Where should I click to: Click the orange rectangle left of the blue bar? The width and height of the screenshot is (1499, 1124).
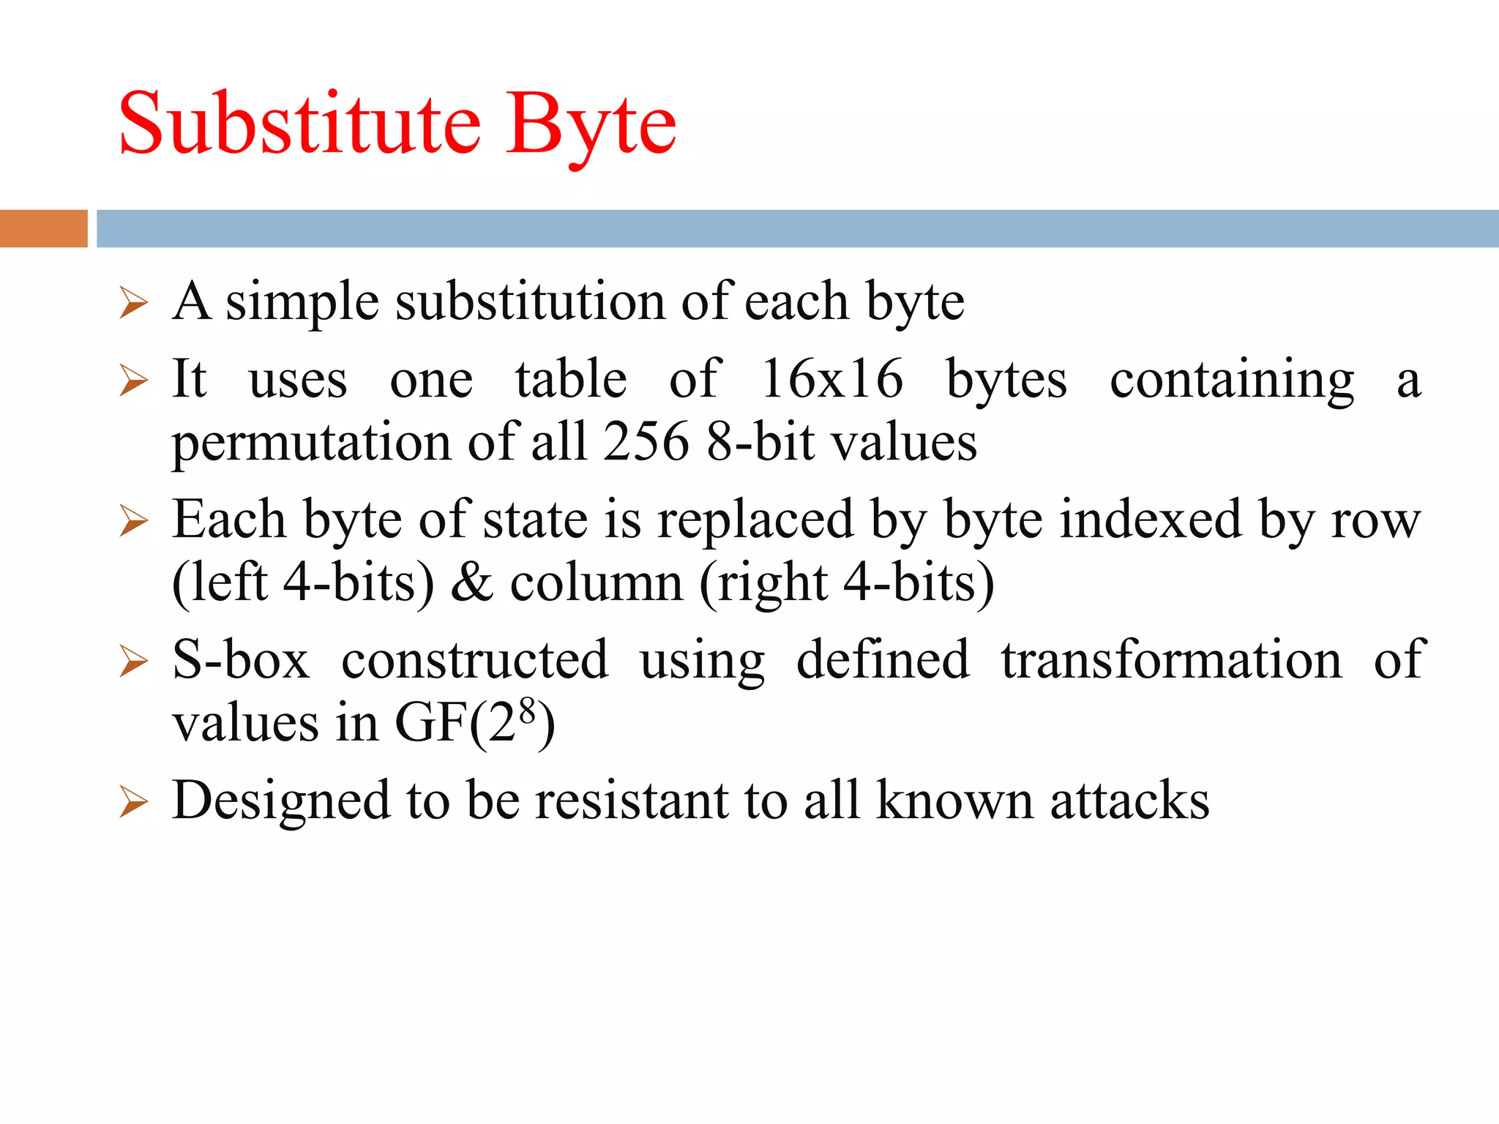pyautogui.click(x=43, y=228)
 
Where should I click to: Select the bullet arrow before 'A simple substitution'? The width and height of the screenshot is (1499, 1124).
pyautogui.click(x=133, y=303)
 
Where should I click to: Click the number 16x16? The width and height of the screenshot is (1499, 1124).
pyautogui.click(x=832, y=379)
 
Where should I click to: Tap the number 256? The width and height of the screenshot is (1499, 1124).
pyautogui.click(x=646, y=442)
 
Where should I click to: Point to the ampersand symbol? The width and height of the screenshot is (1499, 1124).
pyautogui.click(x=472, y=582)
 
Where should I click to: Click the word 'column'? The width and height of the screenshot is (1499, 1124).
pyautogui.click(x=596, y=582)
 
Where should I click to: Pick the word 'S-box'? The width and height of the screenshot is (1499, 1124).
pyautogui.click(x=241, y=660)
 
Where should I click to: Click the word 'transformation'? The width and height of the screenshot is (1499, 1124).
pyautogui.click(x=1171, y=660)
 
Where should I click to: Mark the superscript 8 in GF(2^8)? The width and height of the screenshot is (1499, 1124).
pyautogui.click(x=527, y=710)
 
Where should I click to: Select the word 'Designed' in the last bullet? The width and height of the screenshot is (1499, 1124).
pyautogui.click(x=280, y=800)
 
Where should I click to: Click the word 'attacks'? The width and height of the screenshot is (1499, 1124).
pyautogui.click(x=1129, y=800)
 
